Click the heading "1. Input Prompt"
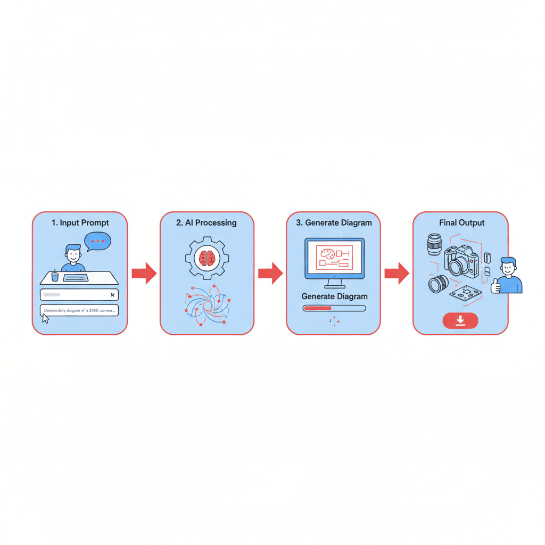[x=80, y=222]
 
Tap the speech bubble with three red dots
[x=98, y=241]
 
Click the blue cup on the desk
[x=54, y=277]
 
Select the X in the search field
[x=112, y=294]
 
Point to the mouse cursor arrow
[x=45, y=318]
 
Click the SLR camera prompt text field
[x=80, y=310]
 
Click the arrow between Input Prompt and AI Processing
[x=144, y=273]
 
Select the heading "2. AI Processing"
[x=207, y=222]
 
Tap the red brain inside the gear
[x=207, y=258]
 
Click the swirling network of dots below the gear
[x=207, y=304]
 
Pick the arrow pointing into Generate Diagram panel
[x=270, y=273]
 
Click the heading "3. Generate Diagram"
[x=334, y=222]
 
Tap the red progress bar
[x=317, y=308]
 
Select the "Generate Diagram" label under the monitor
[x=334, y=296]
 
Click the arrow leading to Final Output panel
[x=397, y=273]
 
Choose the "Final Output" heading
[x=461, y=222]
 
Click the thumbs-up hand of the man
[x=496, y=286]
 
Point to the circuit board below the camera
[x=465, y=292]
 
